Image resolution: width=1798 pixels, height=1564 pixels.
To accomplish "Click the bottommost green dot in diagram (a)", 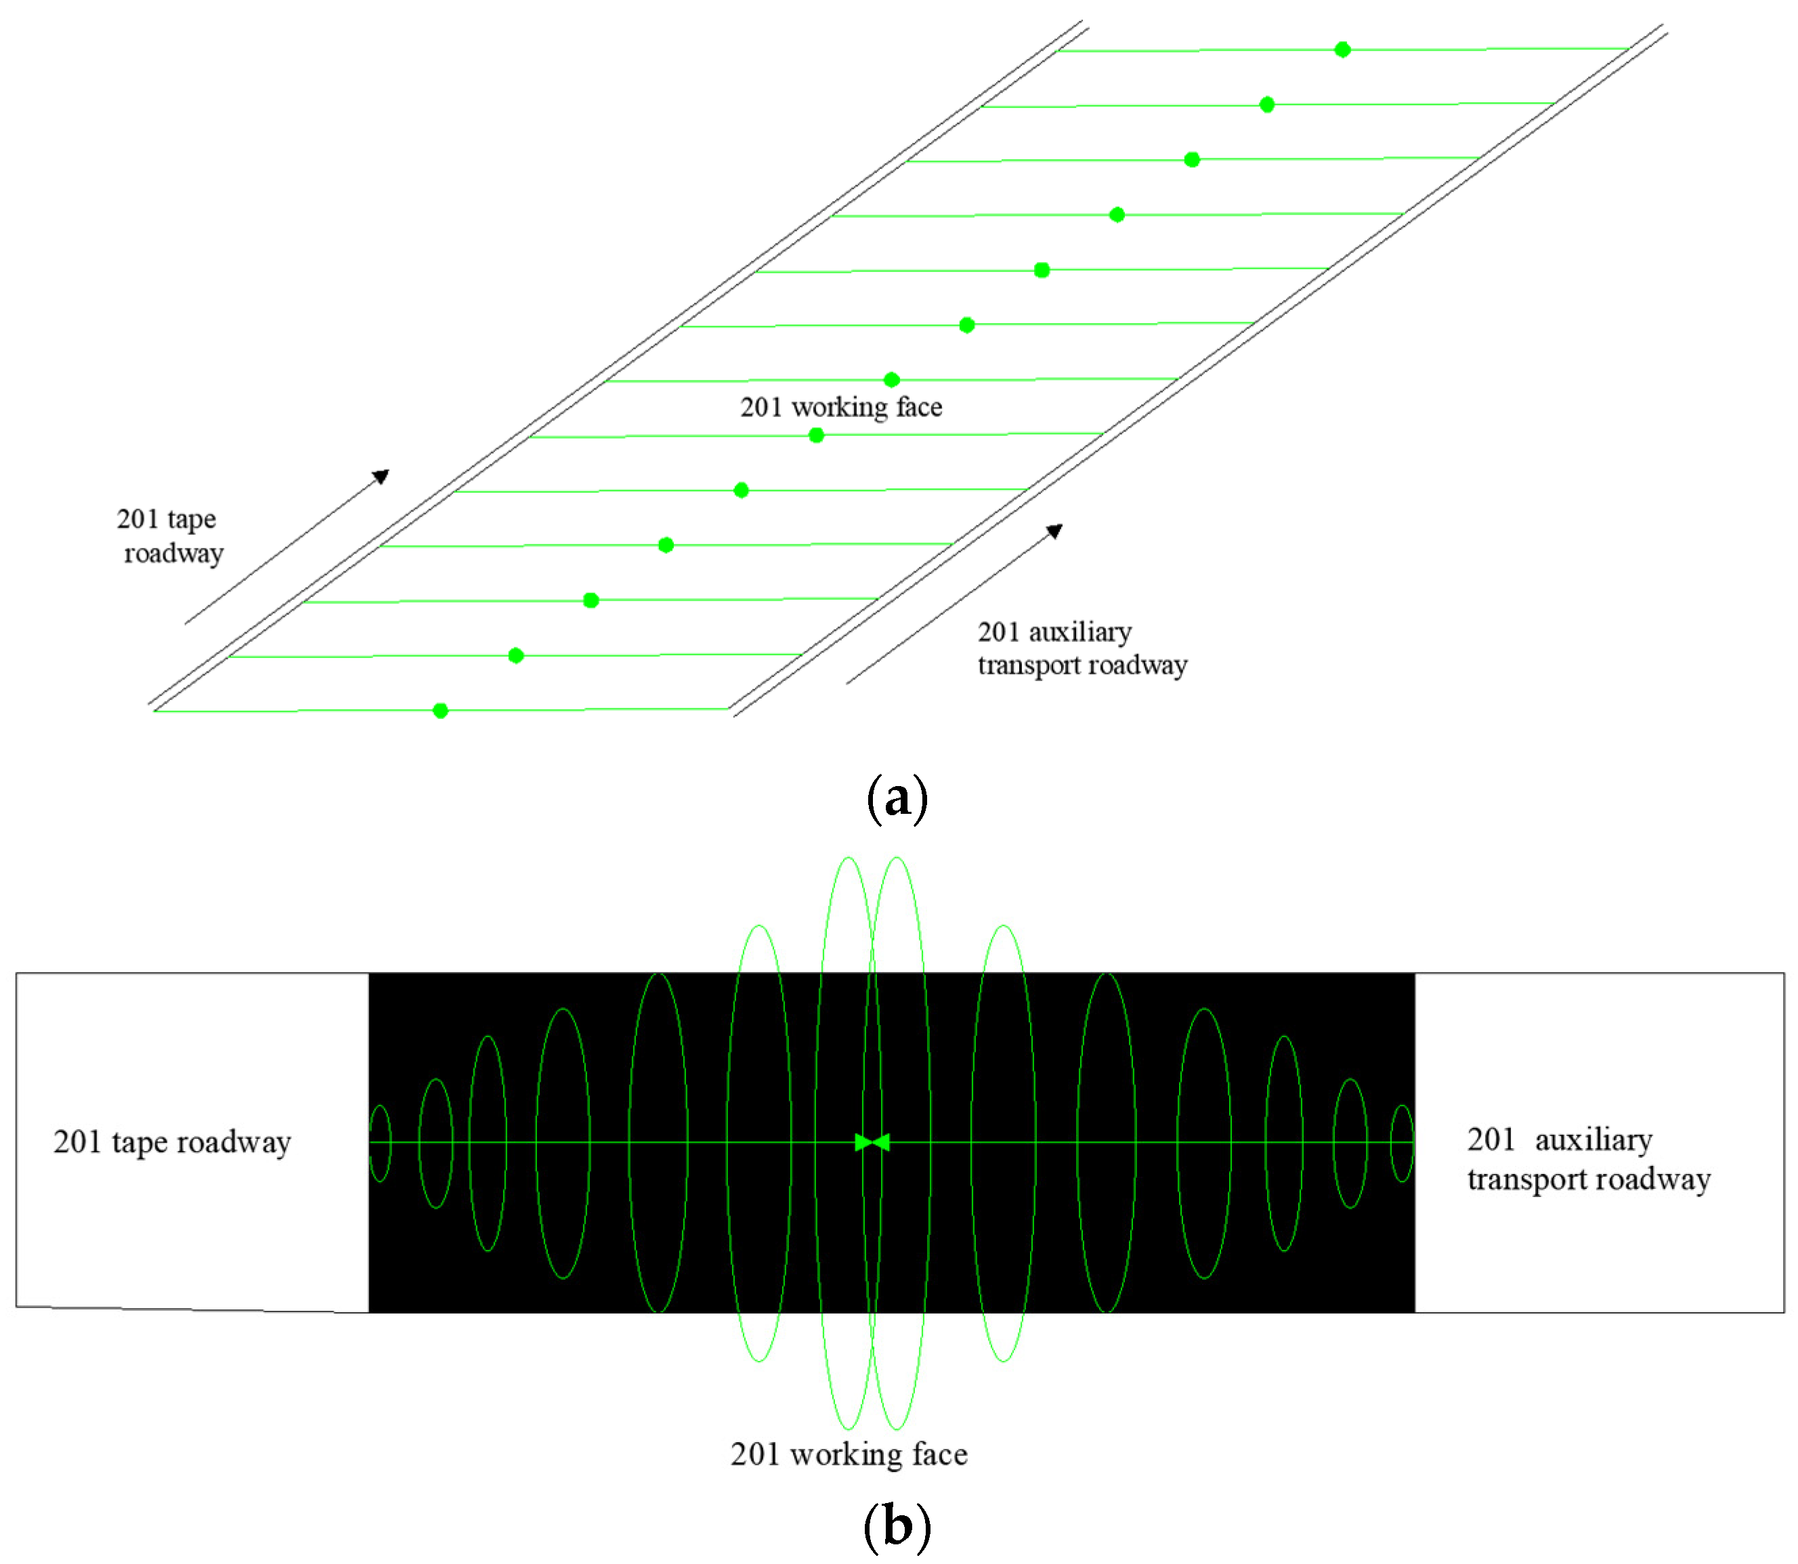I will tap(441, 710).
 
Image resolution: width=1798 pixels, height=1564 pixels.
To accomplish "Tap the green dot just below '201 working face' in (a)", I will tap(816, 435).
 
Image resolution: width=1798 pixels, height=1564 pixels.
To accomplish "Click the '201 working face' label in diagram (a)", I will tap(840, 407).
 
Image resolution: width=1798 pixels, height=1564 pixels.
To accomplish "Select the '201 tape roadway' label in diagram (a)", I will tap(169, 536).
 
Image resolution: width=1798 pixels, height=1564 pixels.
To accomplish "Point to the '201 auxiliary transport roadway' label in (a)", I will tap(1082, 649).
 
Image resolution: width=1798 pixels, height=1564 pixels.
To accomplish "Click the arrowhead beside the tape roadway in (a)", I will tap(381, 476).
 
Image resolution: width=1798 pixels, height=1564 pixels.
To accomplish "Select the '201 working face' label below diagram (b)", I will tap(849, 1454).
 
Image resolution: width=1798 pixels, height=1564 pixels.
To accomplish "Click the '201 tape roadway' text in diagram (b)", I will tap(172, 1142).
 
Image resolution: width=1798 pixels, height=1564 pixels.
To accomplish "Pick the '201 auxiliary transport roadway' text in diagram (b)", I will tap(1589, 1159).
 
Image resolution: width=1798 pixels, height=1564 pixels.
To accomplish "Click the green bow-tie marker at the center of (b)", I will tap(872, 1142).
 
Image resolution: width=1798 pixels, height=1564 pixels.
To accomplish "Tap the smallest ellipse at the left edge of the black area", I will tap(380, 1144).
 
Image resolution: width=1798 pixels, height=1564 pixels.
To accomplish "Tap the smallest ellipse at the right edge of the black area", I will tap(1402, 1144).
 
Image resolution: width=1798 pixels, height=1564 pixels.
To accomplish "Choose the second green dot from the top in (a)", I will tap(1267, 105).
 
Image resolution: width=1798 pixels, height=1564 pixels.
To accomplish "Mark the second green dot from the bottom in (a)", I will tap(516, 655).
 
